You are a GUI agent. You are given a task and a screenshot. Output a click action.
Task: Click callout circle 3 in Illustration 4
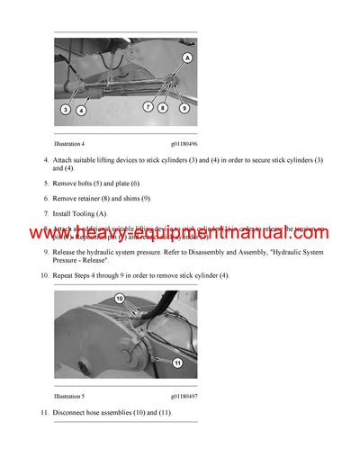coord(66,109)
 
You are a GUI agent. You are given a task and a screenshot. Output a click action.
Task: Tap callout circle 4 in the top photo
coord(82,110)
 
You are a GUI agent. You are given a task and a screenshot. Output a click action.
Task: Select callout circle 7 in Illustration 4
coord(148,107)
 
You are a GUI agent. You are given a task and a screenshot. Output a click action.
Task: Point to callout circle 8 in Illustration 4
coord(162,107)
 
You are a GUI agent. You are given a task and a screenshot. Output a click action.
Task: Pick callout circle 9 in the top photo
coord(184,108)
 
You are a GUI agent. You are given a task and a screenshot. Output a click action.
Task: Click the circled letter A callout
coord(187,57)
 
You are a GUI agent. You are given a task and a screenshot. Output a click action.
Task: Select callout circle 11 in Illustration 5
coord(178,363)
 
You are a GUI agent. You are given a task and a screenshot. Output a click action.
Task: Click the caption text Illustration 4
coord(72,141)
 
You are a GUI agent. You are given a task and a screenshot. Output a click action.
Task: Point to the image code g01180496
coord(184,141)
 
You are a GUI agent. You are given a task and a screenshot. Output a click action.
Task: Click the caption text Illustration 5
coord(72,396)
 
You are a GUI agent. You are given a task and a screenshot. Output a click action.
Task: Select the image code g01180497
coord(184,396)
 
